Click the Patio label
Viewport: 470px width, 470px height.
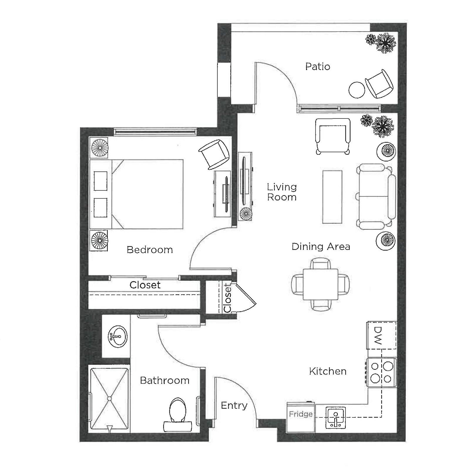pos(318,67)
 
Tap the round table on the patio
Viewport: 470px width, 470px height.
pos(357,90)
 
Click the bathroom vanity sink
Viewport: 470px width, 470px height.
pos(118,336)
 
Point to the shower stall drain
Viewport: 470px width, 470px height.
pos(109,398)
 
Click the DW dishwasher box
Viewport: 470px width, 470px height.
pos(381,335)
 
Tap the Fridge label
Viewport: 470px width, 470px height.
pos(301,414)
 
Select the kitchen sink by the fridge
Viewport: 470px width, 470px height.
pos(335,417)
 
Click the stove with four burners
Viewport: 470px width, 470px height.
pos(381,372)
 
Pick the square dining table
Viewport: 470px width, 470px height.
pos(320,284)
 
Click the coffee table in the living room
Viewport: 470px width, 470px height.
pos(332,197)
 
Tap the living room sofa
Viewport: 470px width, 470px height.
pos(376,197)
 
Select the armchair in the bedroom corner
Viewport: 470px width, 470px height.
pos(214,154)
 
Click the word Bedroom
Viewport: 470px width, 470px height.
pos(150,250)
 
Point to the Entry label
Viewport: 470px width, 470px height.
pos(234,406)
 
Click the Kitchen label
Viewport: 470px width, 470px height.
pos(328,371)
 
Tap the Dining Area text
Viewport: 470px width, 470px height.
pos(321,246)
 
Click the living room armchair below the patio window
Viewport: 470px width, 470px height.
pos(333,136)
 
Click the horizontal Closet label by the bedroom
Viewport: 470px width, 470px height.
pos(145,285)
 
